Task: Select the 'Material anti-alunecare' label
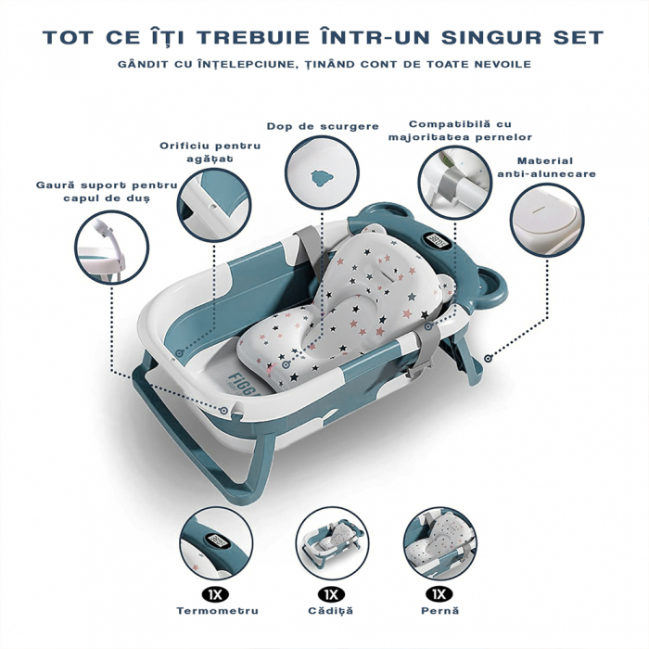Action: (546, 167)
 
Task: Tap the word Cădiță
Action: (329, 611)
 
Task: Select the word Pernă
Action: (439, 611)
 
